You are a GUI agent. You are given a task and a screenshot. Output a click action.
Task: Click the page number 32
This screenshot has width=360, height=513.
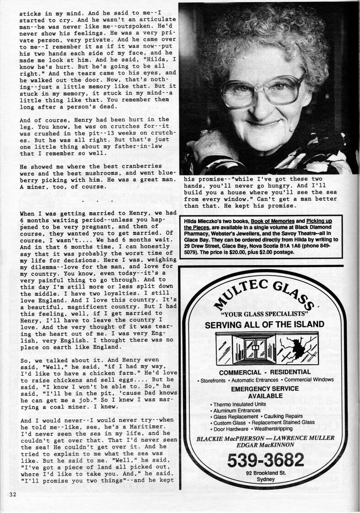coord(11,495)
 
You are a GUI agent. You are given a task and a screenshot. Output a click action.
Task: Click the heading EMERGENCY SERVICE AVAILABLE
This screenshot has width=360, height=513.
coord(265,392)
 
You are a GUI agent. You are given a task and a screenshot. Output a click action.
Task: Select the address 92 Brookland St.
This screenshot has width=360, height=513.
coord(265,473)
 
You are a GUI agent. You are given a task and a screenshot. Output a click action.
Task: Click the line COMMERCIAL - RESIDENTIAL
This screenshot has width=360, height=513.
coord(265,372)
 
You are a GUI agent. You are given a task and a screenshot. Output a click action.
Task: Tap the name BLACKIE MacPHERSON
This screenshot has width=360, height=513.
coord(224,439)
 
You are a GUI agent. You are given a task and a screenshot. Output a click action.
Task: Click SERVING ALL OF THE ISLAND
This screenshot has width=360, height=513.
coord(265,325)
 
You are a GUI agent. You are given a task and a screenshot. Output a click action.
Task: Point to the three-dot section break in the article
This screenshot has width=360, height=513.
coord(98,200)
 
